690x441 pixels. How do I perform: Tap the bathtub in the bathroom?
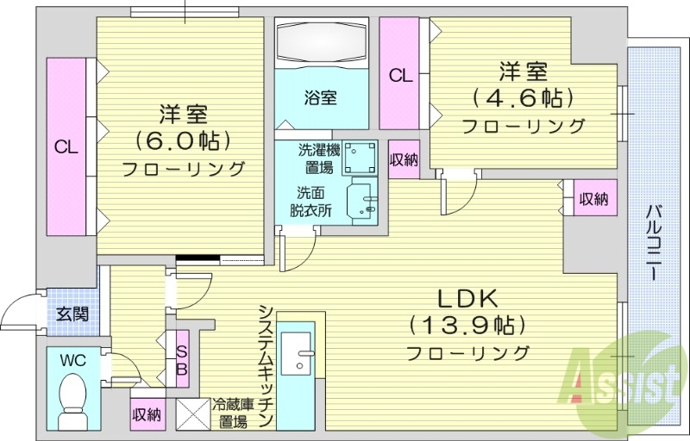pos(322,40)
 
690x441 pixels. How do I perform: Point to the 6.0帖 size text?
pos(183,140)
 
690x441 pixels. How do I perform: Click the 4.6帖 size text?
pos(523,96)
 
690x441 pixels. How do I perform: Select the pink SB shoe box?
pos(182,359)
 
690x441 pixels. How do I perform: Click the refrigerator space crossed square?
pos(193,414)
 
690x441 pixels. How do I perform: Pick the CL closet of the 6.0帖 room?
pos(66,146)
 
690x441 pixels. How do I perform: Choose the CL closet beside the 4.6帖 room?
pos(399,75)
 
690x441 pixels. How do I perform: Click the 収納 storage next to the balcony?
pos(593,199)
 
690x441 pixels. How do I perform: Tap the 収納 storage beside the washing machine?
pos(403,159)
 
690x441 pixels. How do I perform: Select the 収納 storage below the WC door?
pos(147,414)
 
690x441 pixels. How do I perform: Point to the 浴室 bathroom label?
pos(321,97)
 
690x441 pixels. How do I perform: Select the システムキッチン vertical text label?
pos(266,365)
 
